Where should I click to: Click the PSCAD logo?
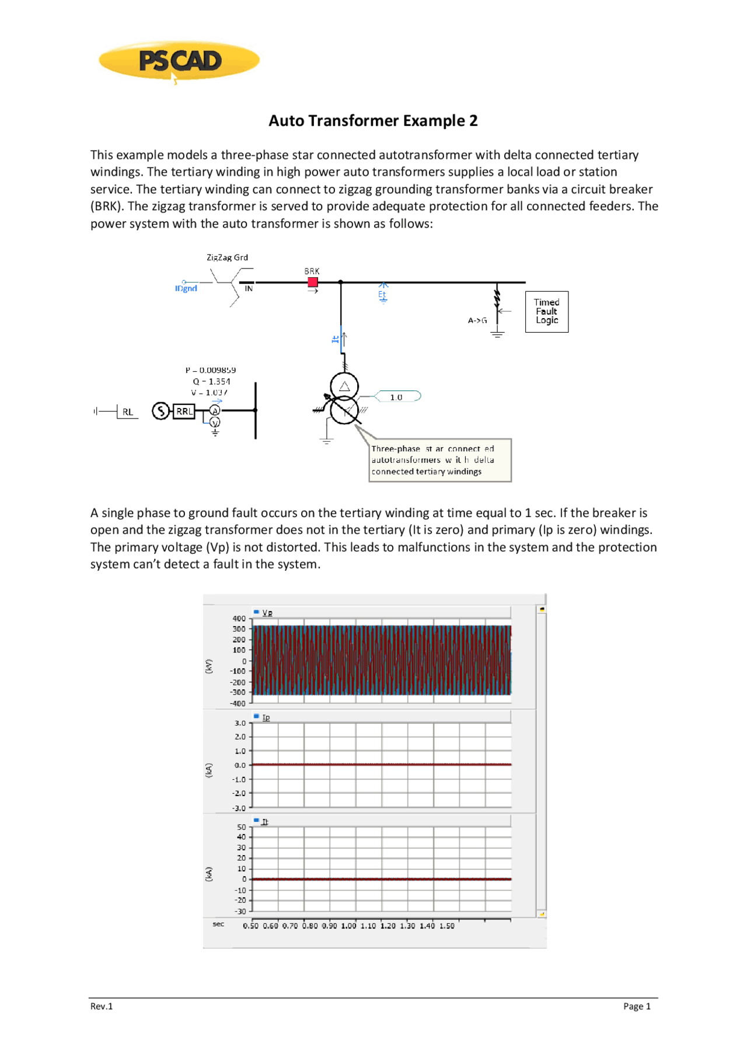click(x=179, y=60)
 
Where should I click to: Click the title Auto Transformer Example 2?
click(x=373, y=121)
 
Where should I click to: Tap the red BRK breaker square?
click(x=313, y=282)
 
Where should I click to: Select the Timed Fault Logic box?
click(x=546, y=312)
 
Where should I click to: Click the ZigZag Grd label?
click(x=227, y=257)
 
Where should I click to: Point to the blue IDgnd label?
click(x=186, y=288)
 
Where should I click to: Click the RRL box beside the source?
click(x=184, y=411)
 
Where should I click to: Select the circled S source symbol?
click(x=160, y=411)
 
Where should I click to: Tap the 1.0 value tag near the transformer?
click(x=396, y=397)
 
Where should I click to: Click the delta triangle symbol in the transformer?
click(x=344, y=386)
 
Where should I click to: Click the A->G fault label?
click(x=477, y=320)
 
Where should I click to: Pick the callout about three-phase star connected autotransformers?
click(x=439, y=460)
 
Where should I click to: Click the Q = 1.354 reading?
click(x=211, y=381)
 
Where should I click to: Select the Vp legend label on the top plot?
click(x=267, y=612)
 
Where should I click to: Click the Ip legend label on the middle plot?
click(x=266, y=717)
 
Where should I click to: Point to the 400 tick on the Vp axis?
click(x=239, y=618)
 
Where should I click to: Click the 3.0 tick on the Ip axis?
click(x=240, y=723)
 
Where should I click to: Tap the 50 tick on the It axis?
click(x=241, y=827)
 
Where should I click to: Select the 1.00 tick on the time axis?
click(x=348, y=926)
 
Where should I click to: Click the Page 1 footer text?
click(x=636, y=1006)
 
